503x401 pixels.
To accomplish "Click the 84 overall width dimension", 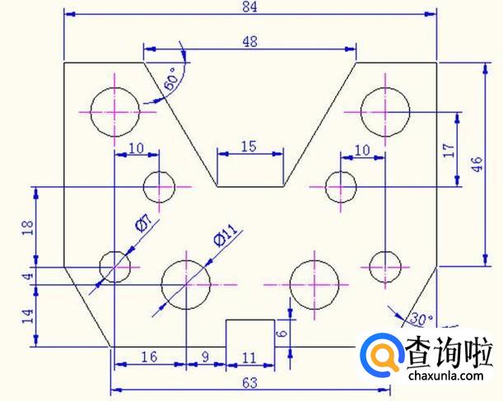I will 249,7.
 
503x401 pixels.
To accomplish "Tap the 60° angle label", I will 171,80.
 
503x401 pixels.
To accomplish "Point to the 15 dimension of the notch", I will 249,146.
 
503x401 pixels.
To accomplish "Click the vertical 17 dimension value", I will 449,150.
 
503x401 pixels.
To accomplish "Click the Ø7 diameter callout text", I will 142,225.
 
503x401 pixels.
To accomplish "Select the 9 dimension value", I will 206,357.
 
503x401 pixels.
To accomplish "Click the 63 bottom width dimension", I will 249,383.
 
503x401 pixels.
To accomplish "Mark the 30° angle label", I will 421,318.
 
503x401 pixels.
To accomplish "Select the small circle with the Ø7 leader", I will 115,264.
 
